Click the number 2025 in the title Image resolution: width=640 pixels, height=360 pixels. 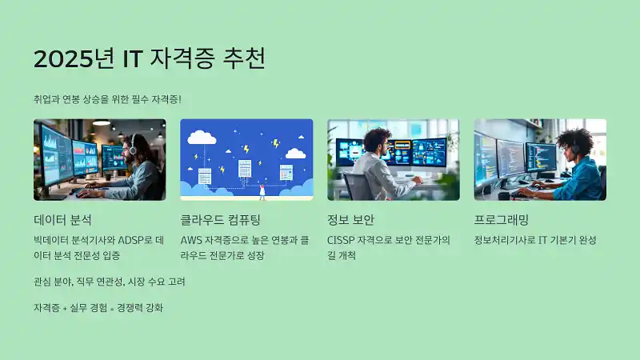[x=61, y=59]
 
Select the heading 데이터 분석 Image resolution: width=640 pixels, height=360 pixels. [x=62, y=219]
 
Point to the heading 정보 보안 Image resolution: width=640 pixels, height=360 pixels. [x=350, y=219]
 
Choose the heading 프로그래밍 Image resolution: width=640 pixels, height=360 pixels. [x=502, y=219]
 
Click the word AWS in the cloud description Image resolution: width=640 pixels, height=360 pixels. [x=193, y=239]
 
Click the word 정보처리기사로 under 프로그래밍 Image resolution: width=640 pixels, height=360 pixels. [x=506, y=239]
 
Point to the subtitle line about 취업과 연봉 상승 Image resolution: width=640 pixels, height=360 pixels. [x=107, y=98]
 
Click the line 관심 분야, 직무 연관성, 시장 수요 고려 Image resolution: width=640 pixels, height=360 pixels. [x=110, y=282]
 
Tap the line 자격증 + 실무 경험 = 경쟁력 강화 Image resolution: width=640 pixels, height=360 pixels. [x=98, y=307]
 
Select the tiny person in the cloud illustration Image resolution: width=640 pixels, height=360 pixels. [x=262, y=191]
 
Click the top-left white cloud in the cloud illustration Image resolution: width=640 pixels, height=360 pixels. [x=201, y=137]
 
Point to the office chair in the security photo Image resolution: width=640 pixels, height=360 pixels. [x=358, y=186]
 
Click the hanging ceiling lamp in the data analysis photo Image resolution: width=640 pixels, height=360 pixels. [x=101, y=123]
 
